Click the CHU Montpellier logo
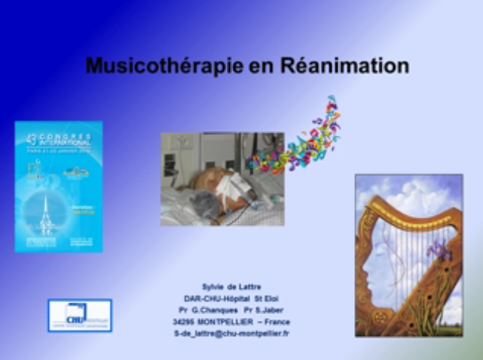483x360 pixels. (x=79, y=315)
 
